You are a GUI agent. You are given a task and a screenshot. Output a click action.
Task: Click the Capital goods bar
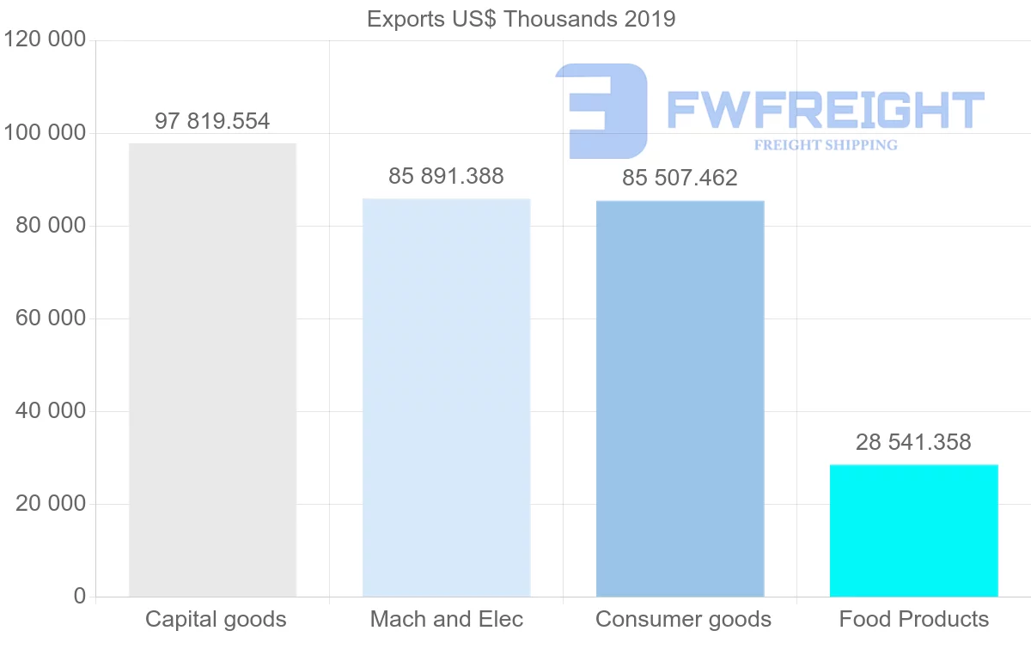[x=212, y=369]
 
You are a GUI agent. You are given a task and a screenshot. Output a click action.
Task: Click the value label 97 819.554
[x=212, y=122]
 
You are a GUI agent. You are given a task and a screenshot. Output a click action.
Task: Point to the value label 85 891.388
[x=446, y=177]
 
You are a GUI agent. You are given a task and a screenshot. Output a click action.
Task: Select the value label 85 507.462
[x=680, y=179]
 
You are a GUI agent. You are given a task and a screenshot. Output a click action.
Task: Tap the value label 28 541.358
[x=913, y=443]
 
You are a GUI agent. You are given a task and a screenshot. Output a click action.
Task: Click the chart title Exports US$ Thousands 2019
[x=521, y=19]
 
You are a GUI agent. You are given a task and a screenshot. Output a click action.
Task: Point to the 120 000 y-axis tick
[x=45, y=40]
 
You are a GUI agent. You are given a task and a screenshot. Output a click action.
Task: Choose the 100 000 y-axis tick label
[x=45, y=133]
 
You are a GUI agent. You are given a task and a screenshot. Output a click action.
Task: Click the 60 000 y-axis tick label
[x=51, y=318]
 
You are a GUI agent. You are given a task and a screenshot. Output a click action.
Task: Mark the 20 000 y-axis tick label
[x=51, y=504]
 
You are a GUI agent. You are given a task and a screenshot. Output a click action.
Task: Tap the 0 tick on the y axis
[x=80, y=597]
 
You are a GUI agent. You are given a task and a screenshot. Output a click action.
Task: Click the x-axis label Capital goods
[x=216, y=619]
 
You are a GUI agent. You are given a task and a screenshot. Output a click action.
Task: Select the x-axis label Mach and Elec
[x=446, y=619]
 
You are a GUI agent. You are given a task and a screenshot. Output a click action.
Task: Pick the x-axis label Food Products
[x=913, y=619]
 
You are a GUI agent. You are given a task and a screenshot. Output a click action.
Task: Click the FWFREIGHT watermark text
[x=825, y=110]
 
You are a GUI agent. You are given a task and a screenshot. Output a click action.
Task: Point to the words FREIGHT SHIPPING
[x=825, y=145]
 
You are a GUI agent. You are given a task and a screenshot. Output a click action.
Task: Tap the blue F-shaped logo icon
[x=601, y=110]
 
